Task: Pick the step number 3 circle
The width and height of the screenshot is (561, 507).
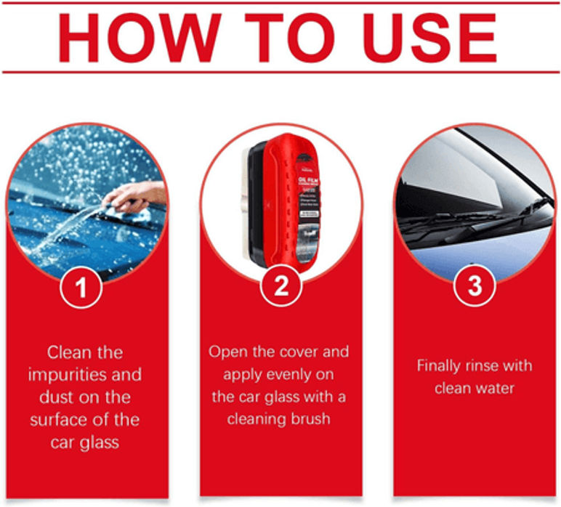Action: [x=475, y=286]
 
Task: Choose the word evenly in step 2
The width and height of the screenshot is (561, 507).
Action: [x=288, y=375]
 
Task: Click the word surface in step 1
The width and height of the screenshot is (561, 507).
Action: [x=57, y=421]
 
